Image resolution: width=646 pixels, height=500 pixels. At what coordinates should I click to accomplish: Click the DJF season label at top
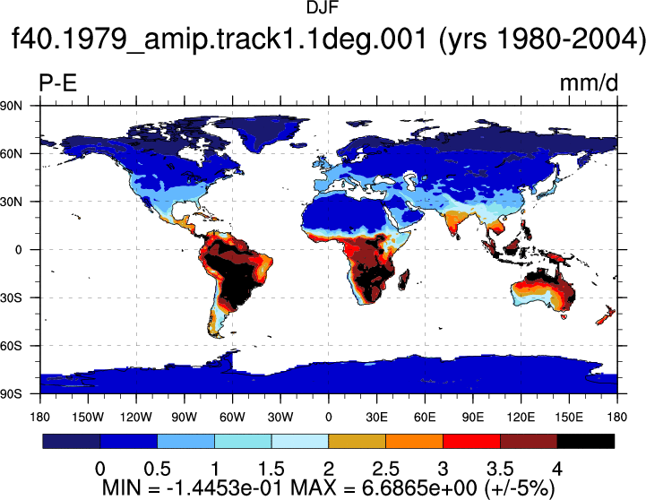[323, 7]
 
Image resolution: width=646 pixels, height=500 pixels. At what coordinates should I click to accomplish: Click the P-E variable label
[58, 83]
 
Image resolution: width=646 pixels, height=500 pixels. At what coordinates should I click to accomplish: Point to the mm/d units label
[589, 83]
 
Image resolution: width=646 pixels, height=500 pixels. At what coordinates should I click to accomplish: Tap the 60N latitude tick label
[11, 153]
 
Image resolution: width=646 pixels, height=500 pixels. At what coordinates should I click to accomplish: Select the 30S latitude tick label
[11, 297]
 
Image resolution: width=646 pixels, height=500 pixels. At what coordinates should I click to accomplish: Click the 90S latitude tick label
[11, 393]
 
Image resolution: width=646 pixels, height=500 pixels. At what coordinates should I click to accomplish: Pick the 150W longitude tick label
[88, 418]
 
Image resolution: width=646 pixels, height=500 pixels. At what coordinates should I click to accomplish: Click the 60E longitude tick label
[425, 418]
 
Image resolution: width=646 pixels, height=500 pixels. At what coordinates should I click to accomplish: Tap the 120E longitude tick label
[521, 418]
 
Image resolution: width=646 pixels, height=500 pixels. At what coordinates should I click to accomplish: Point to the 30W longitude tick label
[280, 418]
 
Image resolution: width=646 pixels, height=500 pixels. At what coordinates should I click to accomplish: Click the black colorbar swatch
[585, 441]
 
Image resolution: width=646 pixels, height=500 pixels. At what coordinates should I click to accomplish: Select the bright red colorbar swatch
[471, 441]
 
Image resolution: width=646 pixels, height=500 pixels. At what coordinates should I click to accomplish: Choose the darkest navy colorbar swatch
[72, 441]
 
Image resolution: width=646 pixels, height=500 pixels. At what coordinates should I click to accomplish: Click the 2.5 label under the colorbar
[385, 469]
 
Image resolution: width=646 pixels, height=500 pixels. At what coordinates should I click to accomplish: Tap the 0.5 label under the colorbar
[157, 469]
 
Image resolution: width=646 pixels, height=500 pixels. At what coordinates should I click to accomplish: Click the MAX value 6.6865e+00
[419, 488]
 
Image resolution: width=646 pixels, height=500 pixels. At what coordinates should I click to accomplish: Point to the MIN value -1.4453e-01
[225, 488]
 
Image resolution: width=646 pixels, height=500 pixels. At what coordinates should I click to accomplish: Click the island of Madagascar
[404, 280]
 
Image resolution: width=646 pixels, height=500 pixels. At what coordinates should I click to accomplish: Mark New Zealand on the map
[606, 315]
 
